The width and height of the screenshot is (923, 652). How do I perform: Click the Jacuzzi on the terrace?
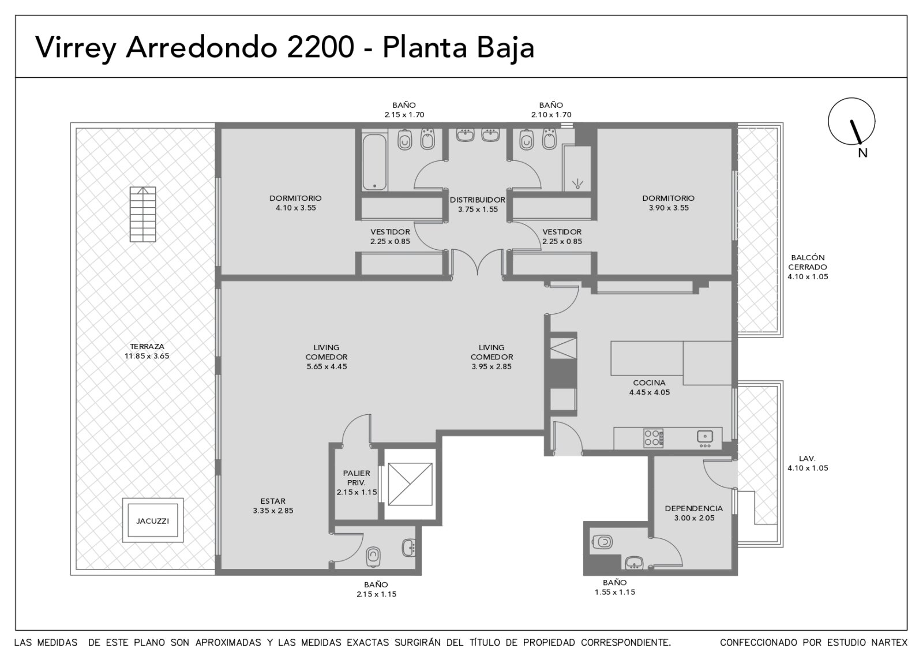tap(153, 520)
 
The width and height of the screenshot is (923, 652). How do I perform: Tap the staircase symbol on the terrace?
tap(143, 214)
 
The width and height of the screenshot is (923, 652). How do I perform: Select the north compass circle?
tap(851, 121)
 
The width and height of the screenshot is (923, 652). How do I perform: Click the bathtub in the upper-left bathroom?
tap(374, 162)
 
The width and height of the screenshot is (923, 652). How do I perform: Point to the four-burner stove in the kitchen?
tap(653, 438)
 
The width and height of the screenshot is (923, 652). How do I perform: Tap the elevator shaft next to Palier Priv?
tap(410, 484)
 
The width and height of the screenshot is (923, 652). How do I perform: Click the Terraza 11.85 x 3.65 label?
tap(147, 351)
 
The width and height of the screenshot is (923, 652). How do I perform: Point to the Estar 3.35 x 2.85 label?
tap(273, 505)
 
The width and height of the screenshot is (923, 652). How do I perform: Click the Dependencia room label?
tap(694, 513)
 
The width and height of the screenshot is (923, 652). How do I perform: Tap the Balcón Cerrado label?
tap(808, 262)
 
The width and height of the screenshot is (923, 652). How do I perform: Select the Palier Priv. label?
tap(357, 478)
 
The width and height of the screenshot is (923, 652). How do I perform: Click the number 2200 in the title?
tap(320, 47)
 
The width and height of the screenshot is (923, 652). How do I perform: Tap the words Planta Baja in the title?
tap(458, 48)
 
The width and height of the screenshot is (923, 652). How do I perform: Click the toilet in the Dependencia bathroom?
tap(602, 542)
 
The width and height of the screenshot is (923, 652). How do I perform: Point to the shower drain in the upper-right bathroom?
tap(577, 184)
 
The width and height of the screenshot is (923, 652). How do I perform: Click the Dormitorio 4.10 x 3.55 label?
tap(296, 203)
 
